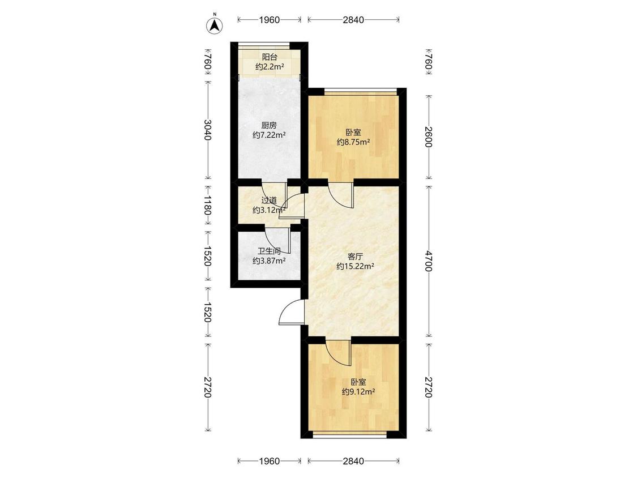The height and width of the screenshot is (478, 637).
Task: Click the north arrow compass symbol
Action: coord(215,25)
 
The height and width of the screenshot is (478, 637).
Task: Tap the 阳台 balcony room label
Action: coord(269,57)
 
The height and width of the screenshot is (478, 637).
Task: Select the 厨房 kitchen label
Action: coord(269,125)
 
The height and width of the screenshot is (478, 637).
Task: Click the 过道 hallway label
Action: coord(269,200)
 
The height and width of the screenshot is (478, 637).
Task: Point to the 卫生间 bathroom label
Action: coord(269,251)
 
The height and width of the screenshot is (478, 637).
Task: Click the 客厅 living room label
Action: coord(355,257)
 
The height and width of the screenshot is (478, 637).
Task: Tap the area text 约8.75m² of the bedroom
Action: coord(353,142)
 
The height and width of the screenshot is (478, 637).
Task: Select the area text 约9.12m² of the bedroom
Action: coord(358,391)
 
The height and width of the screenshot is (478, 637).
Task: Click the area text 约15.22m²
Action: coord(355,266)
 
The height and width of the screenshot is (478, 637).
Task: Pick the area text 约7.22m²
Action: coord(269,135)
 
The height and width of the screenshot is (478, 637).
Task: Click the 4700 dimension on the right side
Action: coord(429,261)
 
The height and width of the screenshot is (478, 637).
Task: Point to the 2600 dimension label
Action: coord(429,137)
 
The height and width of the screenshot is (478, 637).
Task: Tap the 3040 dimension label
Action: coord(208,130)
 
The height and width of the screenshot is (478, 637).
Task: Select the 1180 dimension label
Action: coord(208,205)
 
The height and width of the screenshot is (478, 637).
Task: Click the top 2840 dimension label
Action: coord(353,20)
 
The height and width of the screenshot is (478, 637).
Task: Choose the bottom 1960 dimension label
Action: coord(269,461)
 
